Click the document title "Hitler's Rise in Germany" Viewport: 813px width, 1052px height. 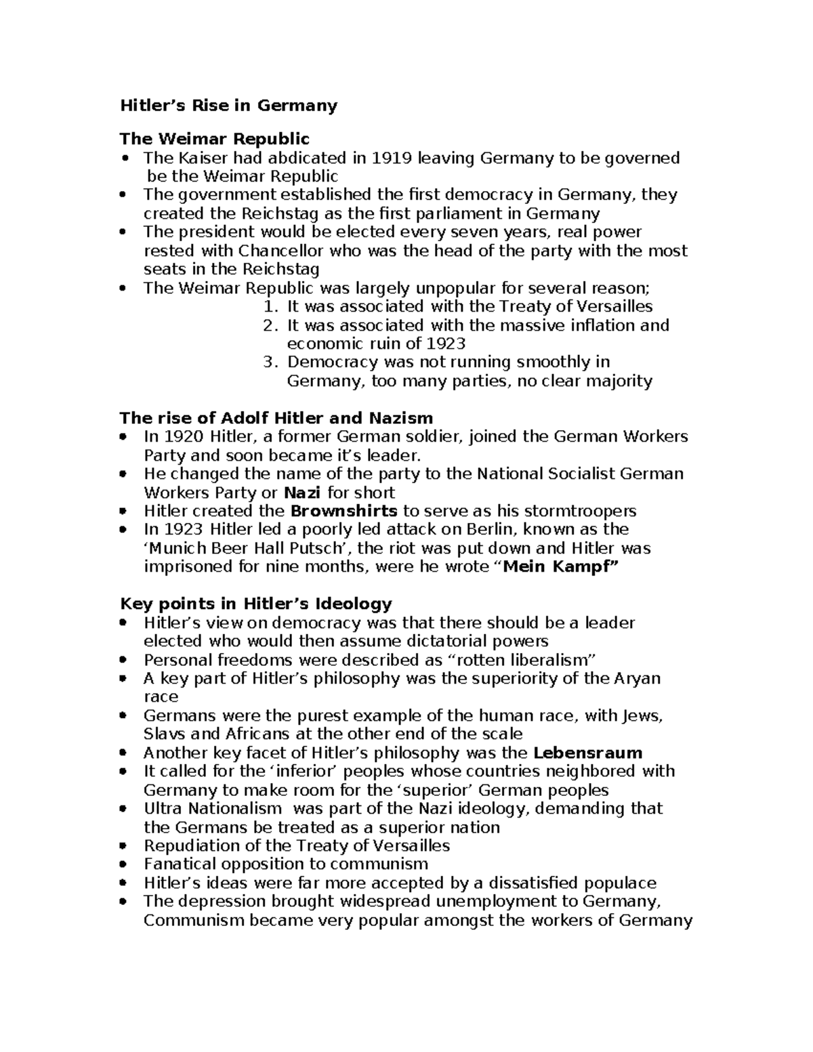(228, 106)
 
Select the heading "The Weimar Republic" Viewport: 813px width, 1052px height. (214, 139)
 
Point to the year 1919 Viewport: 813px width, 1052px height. (391, 158)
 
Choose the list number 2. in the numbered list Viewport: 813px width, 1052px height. (270, 325)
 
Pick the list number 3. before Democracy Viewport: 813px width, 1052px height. (270, 362)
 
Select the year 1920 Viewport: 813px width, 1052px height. (184, 436)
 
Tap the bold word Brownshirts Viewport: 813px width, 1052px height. (343, 511)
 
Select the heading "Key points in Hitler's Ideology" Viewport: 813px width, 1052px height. (255, 604)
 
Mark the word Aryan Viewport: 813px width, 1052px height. (638, 678)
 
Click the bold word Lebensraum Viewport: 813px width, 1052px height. (587, 753)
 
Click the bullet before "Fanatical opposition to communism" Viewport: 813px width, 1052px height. (123, 864)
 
